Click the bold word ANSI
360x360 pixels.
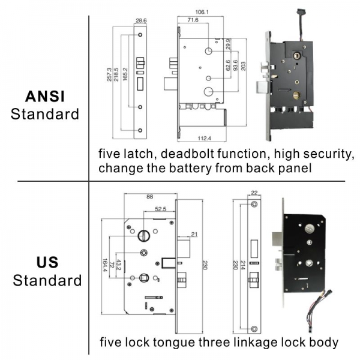[x=45, y=97]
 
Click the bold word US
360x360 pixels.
[x=47, y=262]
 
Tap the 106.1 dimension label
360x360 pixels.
[x=202, y=12]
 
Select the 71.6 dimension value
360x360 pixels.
[x=193, y=20]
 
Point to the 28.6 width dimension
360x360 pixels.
[x=141, y=20]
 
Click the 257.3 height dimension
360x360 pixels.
[x=109, y=74]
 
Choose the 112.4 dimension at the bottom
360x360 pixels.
[x=205, y=138]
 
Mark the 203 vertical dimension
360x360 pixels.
[x=243, y=66]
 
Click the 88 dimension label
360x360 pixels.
[x=149, y=197]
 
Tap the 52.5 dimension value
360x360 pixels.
[x=160, y=209]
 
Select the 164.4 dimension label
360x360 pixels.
[x=105, y=265]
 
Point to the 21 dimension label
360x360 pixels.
[x=194, y=234]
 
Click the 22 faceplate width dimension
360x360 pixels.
[x=254, y=193]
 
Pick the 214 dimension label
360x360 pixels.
[x=242, y=265]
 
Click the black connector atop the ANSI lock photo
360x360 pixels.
[x=301, y=11]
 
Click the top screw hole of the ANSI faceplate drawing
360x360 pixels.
[x=140, y=35]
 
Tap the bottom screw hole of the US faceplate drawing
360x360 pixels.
[x=254, y=329]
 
